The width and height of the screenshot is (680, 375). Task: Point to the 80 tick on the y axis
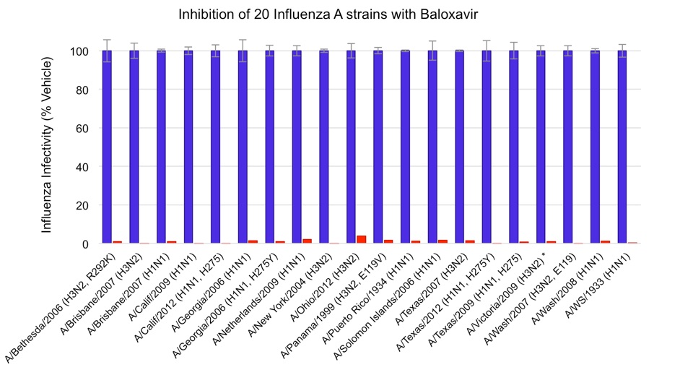tap(85, 90)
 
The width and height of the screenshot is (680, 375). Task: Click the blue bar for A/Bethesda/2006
tap(107, 148)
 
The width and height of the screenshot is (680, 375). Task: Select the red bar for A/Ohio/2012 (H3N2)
tap(361, 239)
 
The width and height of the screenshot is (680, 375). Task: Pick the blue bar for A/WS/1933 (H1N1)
tap(622, 148)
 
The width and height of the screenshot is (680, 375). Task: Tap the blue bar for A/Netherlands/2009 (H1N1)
tap(297, 148)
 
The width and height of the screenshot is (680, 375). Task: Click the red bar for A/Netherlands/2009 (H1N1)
tap(307, 241)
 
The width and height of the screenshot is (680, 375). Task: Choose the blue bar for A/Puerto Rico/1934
tap(405, 148)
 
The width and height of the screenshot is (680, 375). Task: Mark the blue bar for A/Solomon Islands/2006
tap(432, 148)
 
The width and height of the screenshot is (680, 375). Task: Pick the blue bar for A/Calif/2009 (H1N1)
tap(188, 148)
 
